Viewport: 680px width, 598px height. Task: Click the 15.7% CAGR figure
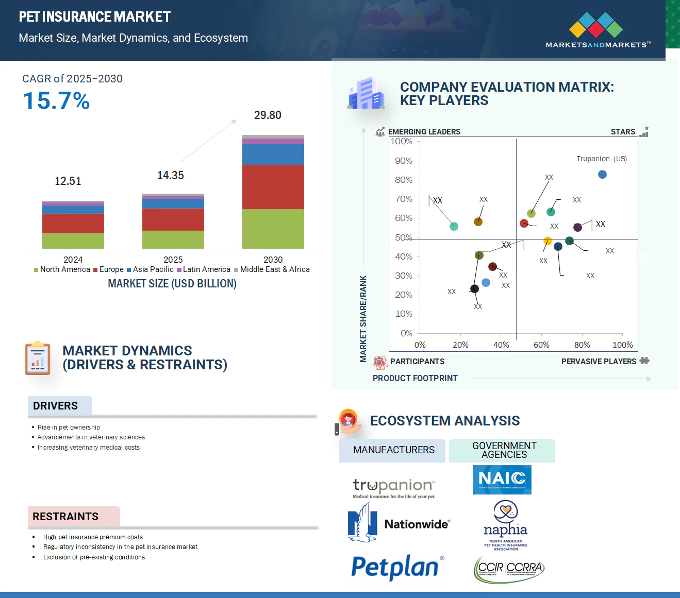pos(56,101)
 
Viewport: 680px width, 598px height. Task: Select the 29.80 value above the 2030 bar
pos(268,115)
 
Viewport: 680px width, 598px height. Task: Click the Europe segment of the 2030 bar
pos(273,186)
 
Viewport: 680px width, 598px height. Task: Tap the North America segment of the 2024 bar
pos(73,241)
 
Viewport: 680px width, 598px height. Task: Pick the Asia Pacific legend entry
pos(150,269)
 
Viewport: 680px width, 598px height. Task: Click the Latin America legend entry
pos(204,269)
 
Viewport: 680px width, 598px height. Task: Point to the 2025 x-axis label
pos(173,260)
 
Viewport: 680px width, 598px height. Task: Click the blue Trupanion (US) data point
pos(602,175)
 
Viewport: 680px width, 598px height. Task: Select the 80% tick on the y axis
pos(404,180)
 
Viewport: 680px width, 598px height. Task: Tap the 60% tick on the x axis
pos(541,345)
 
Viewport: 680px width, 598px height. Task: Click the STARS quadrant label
pos(623,132)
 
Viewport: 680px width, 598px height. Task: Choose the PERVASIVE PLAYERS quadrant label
pos(599,362)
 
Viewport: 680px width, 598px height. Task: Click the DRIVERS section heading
pos(56,406)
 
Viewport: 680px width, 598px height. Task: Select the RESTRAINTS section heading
pos(65,517)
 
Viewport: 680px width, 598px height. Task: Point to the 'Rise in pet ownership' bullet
pos(69,428)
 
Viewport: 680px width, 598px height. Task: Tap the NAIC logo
pos(502,480)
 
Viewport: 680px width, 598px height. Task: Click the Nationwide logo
pos(399,524)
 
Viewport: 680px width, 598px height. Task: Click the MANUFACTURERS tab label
pos(394,450)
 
